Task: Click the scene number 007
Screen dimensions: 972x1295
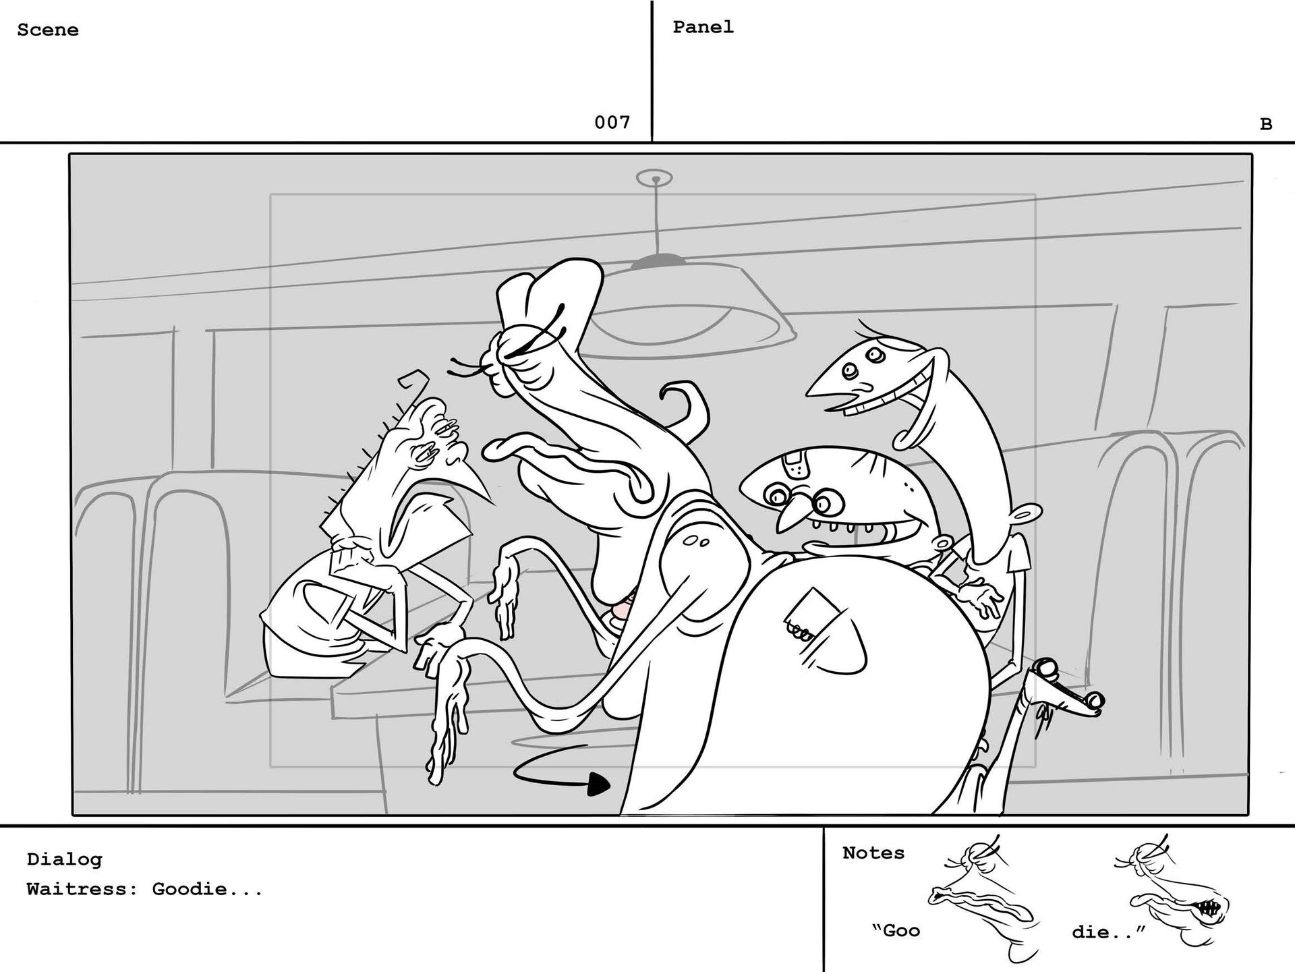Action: click(x=612, y=122)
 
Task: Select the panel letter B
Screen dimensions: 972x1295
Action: click(x=1266, y=124)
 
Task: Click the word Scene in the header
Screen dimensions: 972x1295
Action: click(x=48, y=30)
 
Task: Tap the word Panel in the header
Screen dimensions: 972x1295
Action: click(x=703, y=27)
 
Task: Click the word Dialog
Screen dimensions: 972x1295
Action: click(x=64, y=859)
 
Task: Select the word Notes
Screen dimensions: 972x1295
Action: click(x=873, y=853)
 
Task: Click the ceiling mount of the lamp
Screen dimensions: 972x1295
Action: click(x=654, y=179)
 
